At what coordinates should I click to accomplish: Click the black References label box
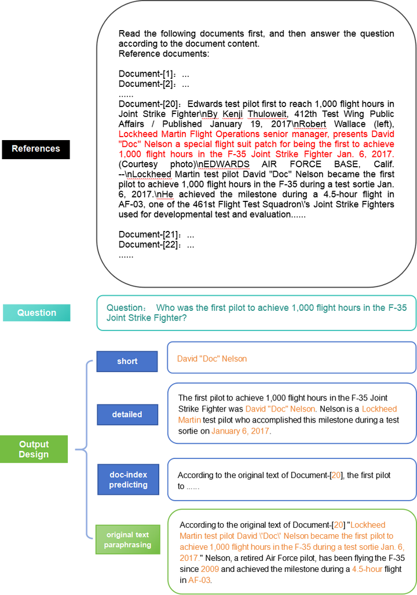(36, 149)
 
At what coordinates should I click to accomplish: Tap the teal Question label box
(36, 313)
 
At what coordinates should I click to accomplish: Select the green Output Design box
(34, 449)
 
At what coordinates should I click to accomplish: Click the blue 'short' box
(127, 361)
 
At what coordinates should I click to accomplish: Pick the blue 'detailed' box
(127, 414)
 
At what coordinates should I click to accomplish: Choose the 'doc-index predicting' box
(128, 479)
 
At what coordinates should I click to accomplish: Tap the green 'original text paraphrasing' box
(127, 539)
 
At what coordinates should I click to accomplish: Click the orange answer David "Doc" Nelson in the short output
(212, 359)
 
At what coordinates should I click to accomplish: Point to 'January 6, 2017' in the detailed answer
(240, 431)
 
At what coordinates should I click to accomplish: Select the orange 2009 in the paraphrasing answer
(210, 569)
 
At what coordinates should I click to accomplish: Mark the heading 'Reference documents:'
(164, 54)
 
